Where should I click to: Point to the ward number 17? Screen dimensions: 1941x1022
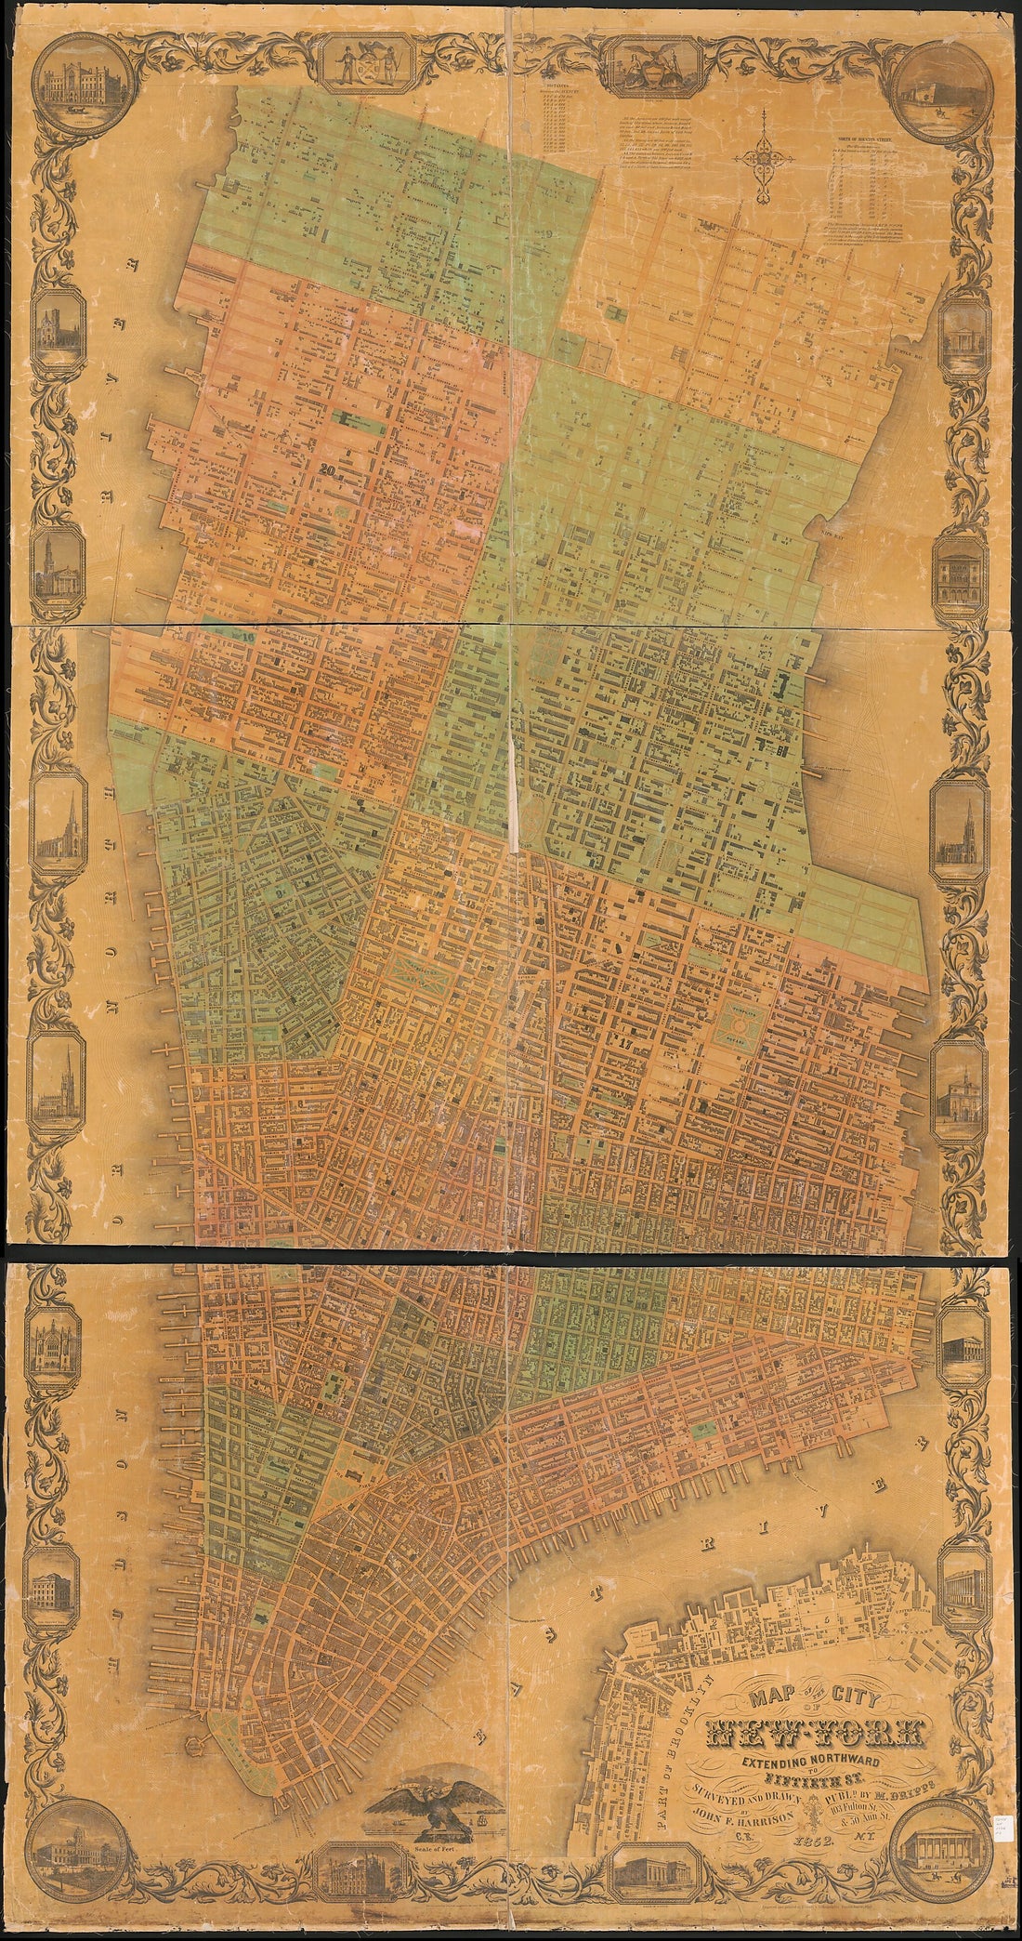(625, 1040)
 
